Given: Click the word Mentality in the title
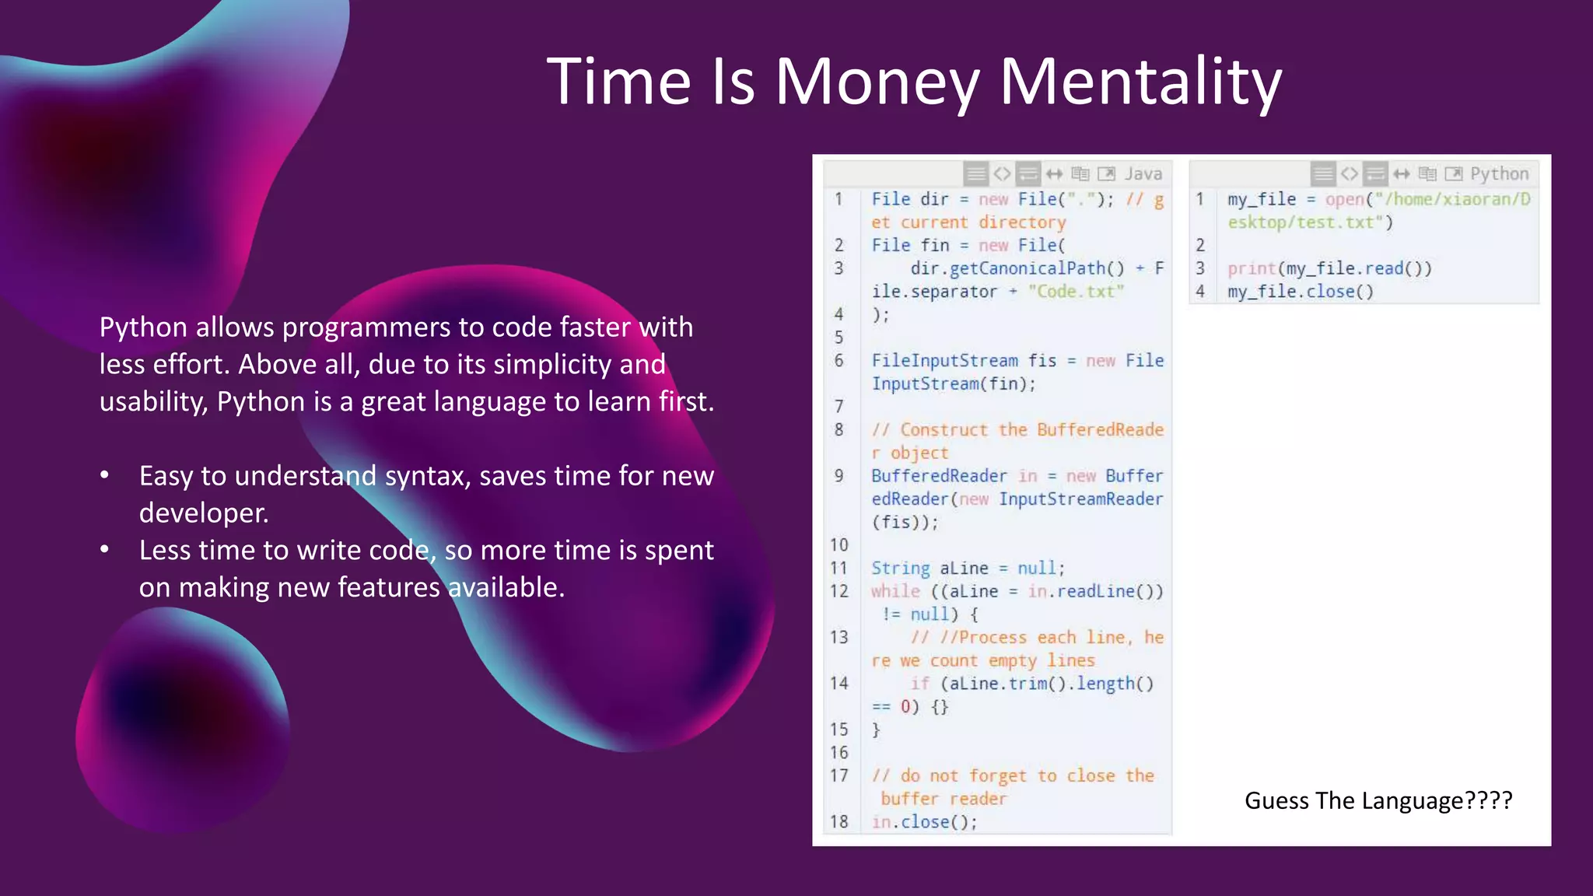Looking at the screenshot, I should point(1140,82).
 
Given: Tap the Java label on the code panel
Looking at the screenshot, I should point(1143,173).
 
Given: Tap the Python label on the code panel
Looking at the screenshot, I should point(1499,173).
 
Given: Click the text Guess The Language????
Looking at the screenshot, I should point(1378,800).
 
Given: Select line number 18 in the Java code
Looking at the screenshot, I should point(839,821).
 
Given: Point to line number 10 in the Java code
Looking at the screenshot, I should point(839,544).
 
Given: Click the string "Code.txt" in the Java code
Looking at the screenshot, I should point(1076,291).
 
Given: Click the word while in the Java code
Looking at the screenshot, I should point(895,591).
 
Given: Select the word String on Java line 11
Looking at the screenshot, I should point(900,568).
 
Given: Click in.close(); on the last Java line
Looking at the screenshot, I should point(924,821).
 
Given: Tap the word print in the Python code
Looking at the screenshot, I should point(1251,268).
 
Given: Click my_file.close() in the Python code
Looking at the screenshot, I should point(1301,292).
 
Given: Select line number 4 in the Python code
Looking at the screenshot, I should point(1200,292).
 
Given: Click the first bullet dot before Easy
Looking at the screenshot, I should point(105,475).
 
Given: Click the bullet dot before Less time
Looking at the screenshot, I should point(105,550).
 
